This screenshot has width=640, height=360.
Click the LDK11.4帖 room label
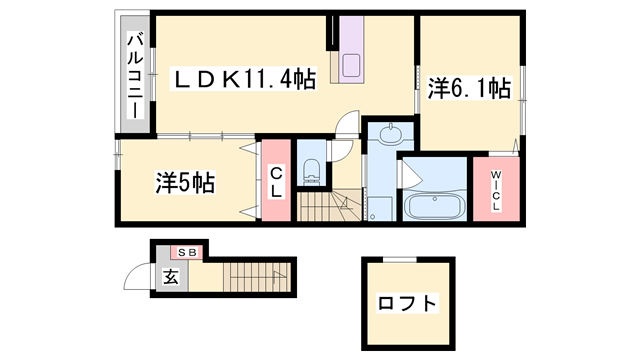243,80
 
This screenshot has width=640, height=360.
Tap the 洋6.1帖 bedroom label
469,88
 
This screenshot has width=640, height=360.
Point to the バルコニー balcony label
135,76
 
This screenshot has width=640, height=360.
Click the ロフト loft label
407,303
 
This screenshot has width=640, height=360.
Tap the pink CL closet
276,180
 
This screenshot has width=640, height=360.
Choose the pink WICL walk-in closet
496,189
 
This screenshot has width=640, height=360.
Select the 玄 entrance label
171,278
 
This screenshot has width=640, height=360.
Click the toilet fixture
312,171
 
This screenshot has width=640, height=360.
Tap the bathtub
435,207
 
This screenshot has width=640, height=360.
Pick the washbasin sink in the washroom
391,134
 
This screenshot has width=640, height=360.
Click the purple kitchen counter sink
351,65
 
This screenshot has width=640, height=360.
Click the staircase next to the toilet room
329,206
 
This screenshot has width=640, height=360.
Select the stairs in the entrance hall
257,277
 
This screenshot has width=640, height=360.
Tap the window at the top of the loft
400,259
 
